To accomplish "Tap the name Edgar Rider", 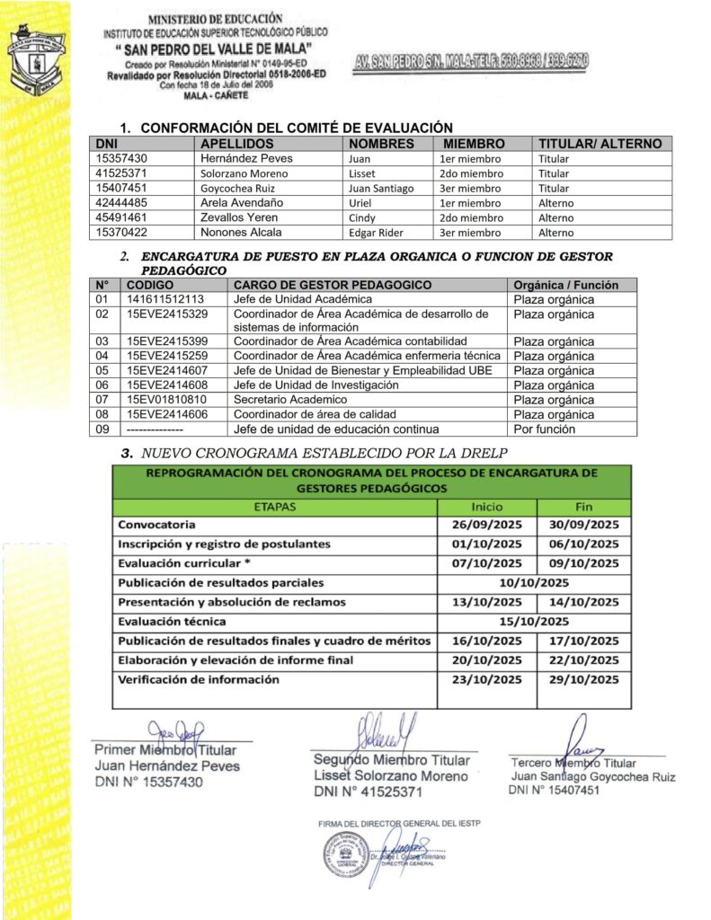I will pyautogui.click(x=378, y=233).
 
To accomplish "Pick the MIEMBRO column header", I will pyautogui.click(x=468, y=144).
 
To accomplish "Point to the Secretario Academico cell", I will pyautogui.click(x=289, y=400).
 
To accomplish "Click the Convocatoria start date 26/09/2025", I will pyautogui.click(x=486, y=525).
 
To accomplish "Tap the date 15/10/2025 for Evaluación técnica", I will pyautogui.click(x=534, y=621).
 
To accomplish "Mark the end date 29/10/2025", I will pyautogui.click(x=583, y=680).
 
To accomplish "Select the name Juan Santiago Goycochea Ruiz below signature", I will pyautogui.click(x=593, y=776).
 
